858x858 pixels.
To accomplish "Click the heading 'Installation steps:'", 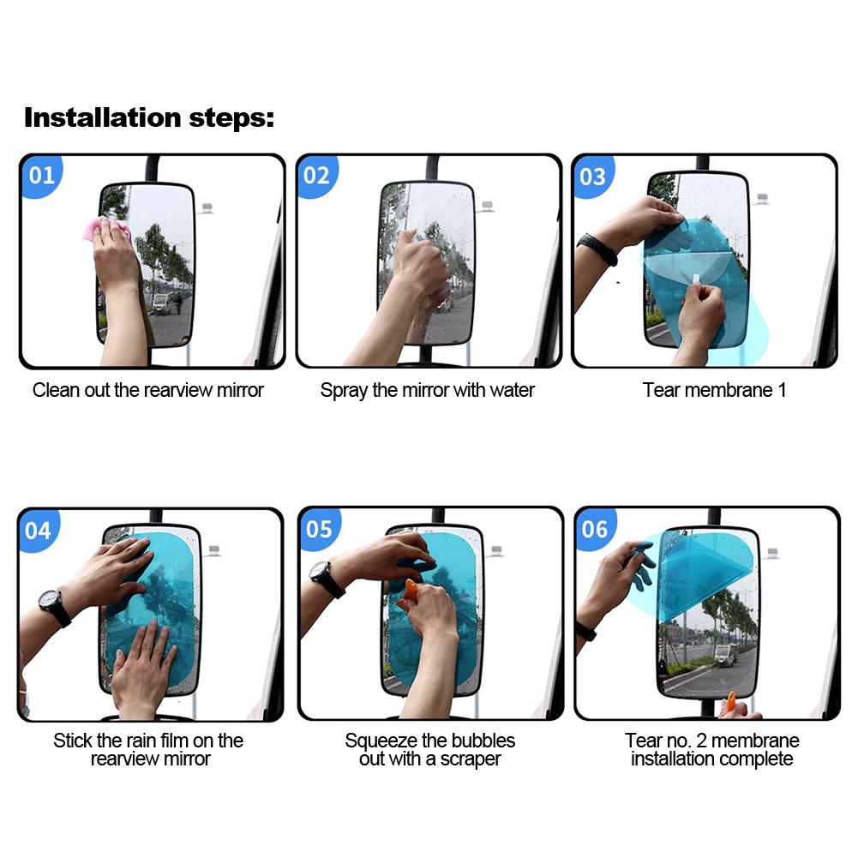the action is (149, 118).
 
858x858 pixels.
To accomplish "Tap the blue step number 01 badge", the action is (42, 176).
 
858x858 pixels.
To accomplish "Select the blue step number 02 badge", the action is (317, 176).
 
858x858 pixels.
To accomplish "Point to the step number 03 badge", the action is (593, 177).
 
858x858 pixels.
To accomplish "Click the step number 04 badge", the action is (39, 531).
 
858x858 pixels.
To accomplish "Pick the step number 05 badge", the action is (320, 529).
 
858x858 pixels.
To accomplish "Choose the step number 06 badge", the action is (596, 529).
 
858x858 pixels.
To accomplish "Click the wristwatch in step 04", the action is (54, 606).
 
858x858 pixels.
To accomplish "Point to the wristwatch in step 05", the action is (326, 579).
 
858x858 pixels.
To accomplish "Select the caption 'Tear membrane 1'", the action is (714, 390).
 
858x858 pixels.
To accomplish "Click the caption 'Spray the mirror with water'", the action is (428, 391).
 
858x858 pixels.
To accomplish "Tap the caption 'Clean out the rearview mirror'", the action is (147, 390).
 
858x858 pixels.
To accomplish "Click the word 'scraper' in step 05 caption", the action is (471, 759).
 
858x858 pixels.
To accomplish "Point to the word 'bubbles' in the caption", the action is (483, 741).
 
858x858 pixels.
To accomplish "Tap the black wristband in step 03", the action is (597, 248).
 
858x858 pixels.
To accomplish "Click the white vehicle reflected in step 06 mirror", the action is (725, 655).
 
